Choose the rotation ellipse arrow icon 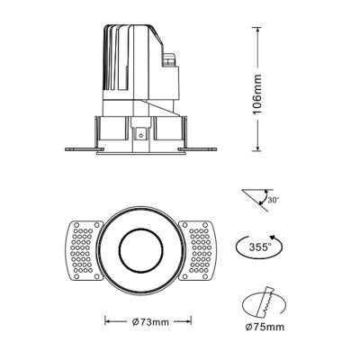(261, 246)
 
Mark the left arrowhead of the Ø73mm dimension (108, 320)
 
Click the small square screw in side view (141, 133)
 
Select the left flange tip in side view (67, 148)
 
